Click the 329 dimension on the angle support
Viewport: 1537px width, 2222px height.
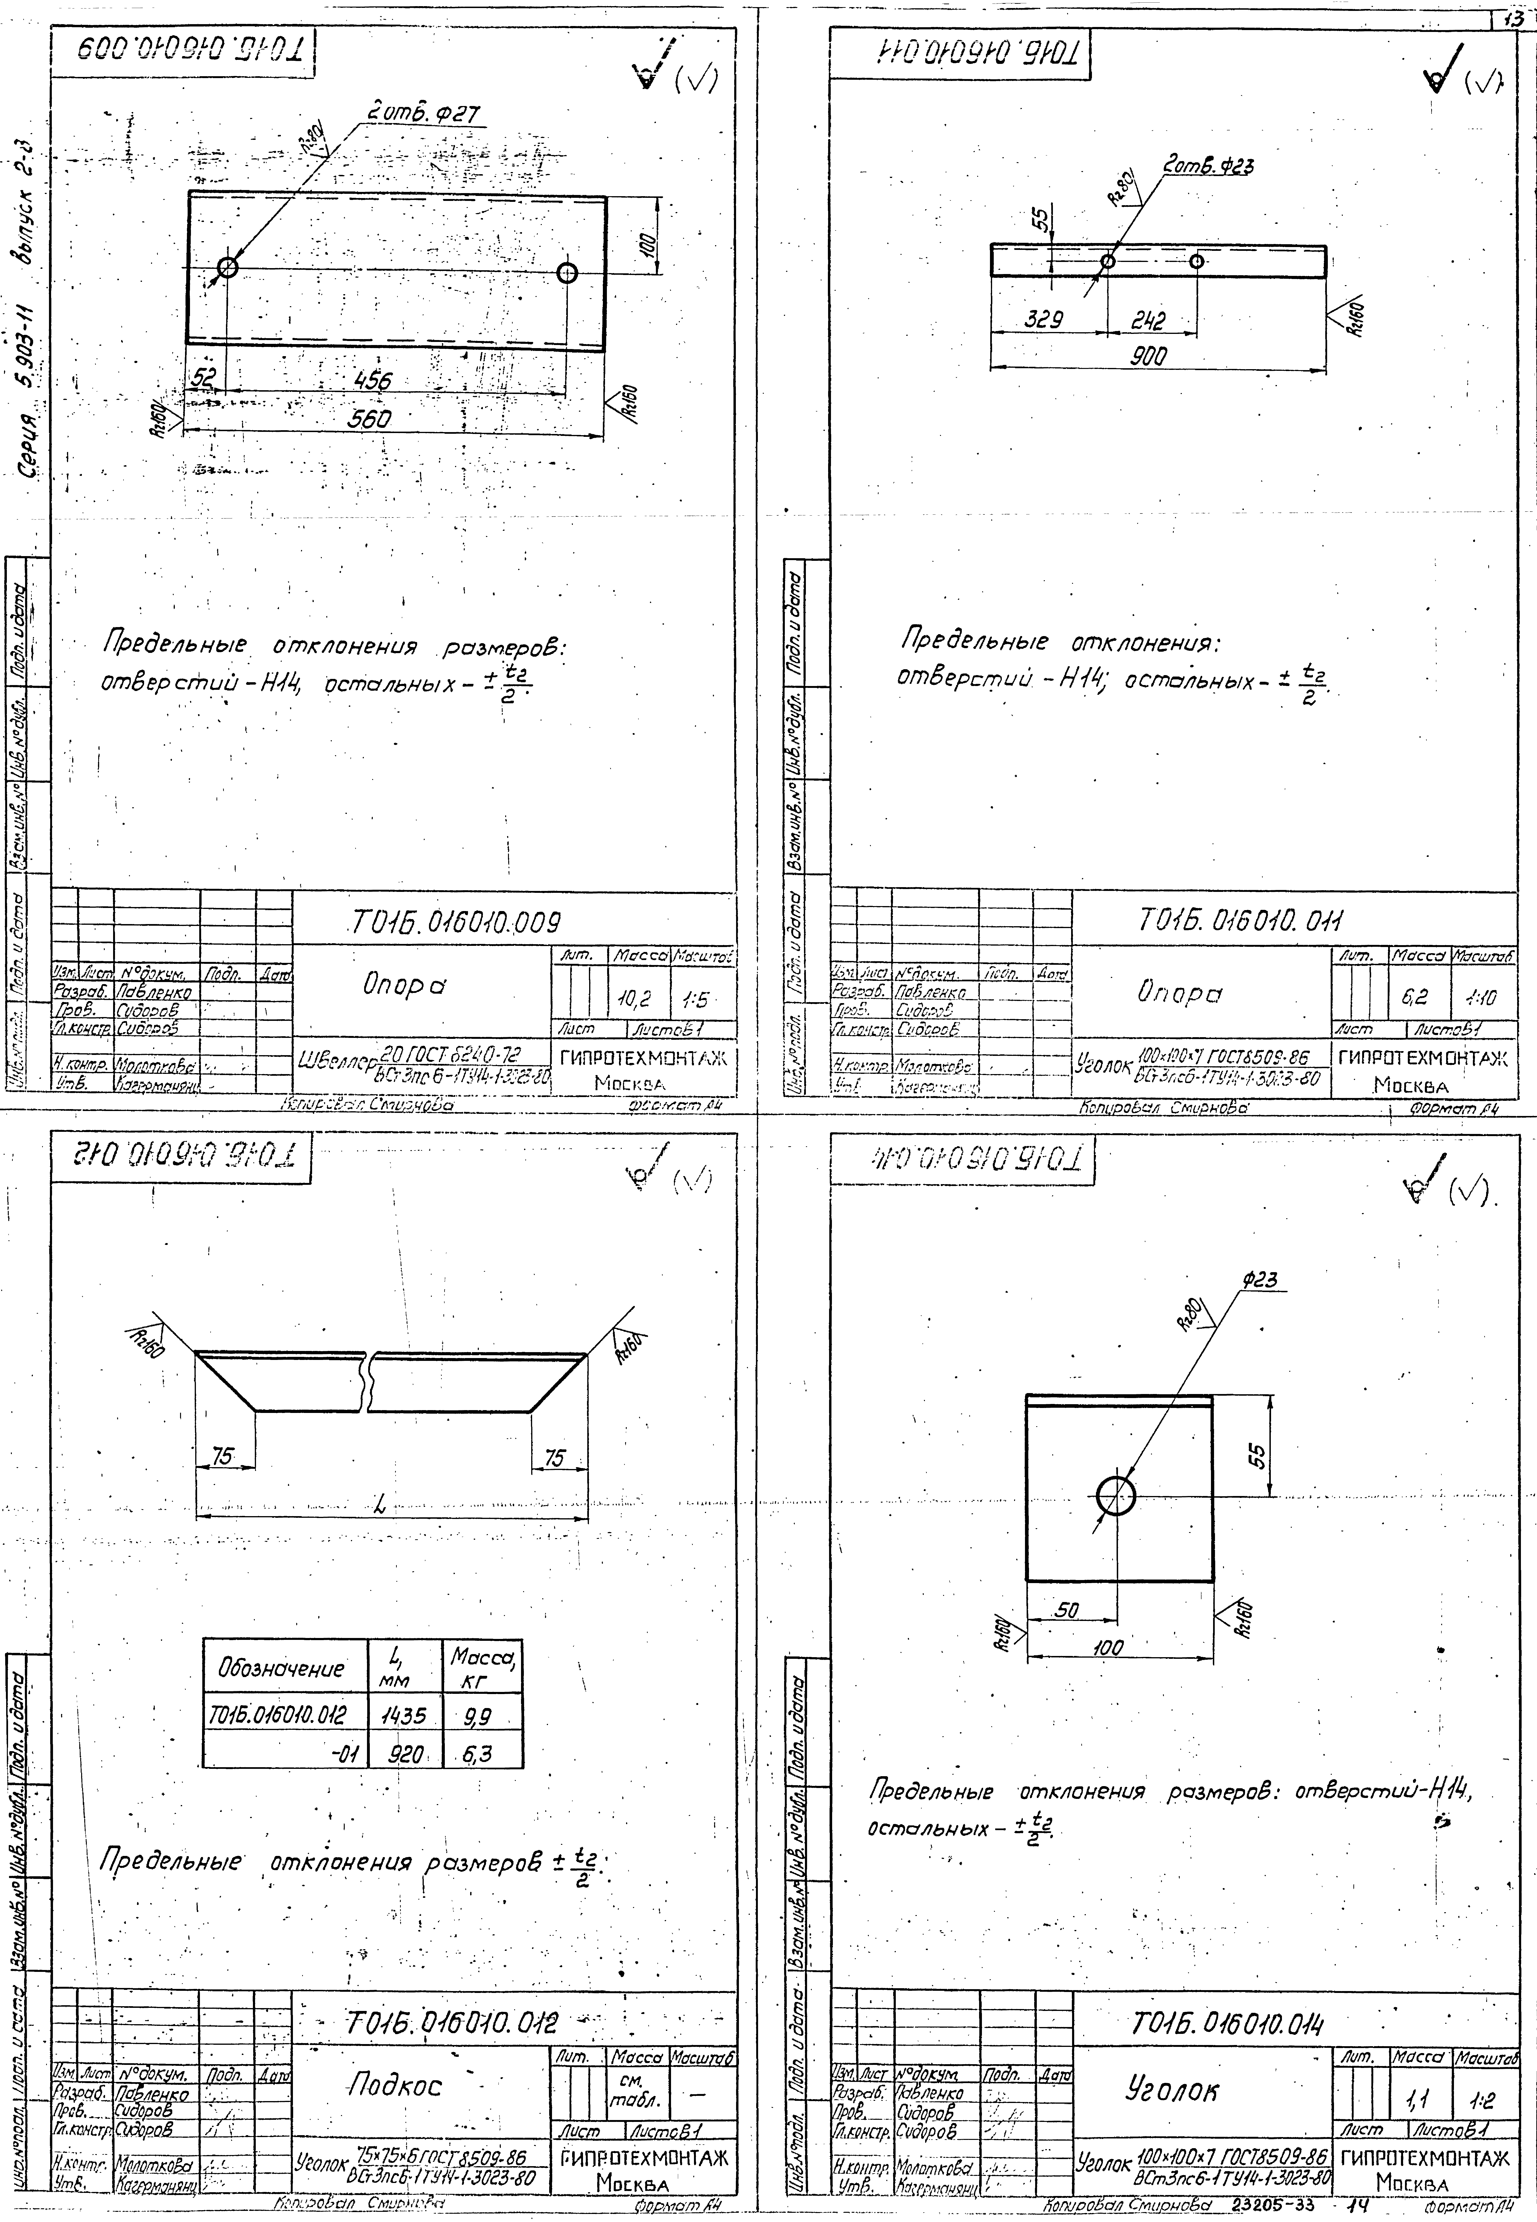[1043, 320]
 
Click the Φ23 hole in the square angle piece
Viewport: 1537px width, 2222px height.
[1116, 1496]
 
